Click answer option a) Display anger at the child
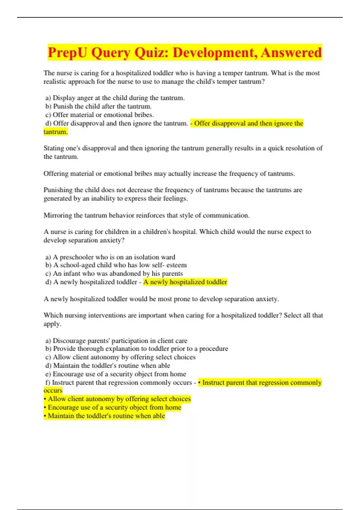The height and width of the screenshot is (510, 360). coord(115,98)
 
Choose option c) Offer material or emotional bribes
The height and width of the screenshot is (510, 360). coord(100,115)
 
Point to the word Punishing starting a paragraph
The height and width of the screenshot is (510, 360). coord(58,190)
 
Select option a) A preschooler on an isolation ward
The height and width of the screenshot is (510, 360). coord(110,257)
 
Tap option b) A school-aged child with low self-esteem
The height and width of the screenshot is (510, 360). coord(116,265)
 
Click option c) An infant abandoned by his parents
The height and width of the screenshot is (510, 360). coord(114,274)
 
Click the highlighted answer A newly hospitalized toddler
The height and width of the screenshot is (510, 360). coord(185,282)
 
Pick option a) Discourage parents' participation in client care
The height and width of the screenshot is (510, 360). coord(116,341)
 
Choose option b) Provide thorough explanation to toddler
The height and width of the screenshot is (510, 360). coord(136,349)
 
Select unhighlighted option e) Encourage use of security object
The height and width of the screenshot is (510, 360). coord(115,374)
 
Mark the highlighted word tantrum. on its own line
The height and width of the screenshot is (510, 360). coord(55,132)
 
